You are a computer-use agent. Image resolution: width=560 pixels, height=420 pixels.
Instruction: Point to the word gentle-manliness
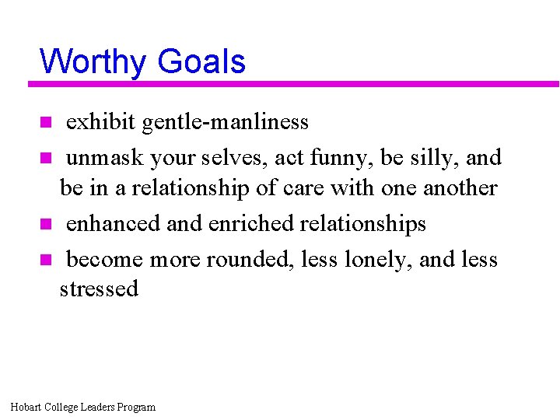point(226,122)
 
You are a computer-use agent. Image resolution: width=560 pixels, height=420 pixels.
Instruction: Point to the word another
point(460,188)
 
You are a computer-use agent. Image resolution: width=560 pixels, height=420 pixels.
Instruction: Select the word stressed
point(99,289)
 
